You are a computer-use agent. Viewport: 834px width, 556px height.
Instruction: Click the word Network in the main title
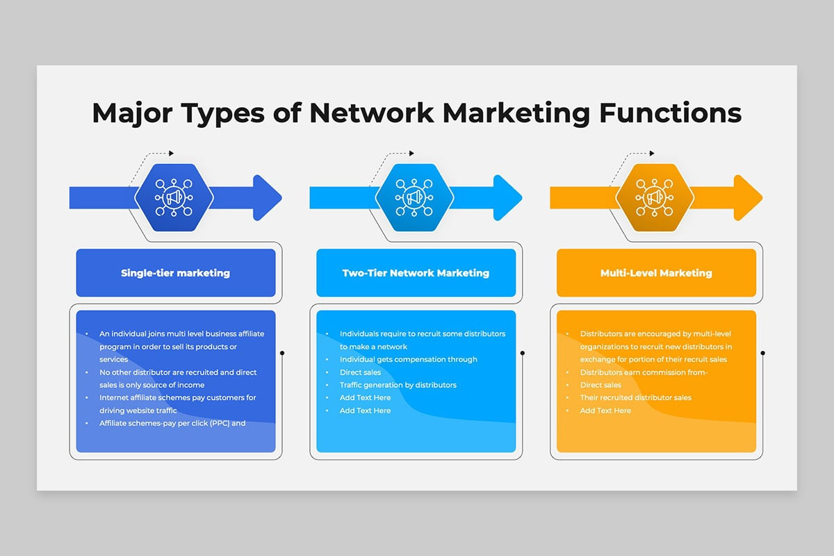click(x=371, y=113)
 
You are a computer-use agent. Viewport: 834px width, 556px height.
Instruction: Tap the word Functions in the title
click(x=670, y=113)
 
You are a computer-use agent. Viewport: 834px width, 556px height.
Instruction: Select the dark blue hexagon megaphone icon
click(x=174, y=197)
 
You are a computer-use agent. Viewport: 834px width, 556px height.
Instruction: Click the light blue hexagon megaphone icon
click(x=414, y=197)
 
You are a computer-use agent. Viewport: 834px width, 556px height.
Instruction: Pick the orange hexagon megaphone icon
click(x=655, y=197)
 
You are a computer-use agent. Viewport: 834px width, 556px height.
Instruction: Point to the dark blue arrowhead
click(x=267, y=197)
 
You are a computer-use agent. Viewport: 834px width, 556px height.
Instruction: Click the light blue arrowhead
click(x=507, y=197)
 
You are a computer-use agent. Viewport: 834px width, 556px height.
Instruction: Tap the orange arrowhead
click(x=747, y=197)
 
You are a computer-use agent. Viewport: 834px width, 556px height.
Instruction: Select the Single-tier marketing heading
click(x=175, y=273)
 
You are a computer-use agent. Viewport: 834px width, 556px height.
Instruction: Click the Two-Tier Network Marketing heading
click(x=416, y=273)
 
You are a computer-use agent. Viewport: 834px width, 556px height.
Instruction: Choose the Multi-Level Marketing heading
click(x=656, y=273)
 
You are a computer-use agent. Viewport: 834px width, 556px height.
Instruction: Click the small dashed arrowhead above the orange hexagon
click(x=652, y=153)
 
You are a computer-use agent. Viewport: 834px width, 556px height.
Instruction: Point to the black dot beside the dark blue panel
click(x=282, y=352)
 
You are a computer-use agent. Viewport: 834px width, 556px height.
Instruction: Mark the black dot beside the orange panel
click(x=763, y=352)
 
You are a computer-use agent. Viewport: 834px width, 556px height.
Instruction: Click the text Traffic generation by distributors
click(x=398, y=385)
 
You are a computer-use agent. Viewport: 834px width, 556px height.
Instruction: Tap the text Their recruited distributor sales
click(x=635, y=398)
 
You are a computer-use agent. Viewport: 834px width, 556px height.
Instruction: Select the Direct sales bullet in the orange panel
click(x=600, y=385)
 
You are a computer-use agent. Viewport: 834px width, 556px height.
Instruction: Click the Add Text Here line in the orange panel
click(x=605, y=410)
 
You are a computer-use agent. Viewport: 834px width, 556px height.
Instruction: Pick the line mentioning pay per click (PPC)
click(x=172, y=423)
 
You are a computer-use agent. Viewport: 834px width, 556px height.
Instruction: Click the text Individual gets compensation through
click(x=409, y=359)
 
